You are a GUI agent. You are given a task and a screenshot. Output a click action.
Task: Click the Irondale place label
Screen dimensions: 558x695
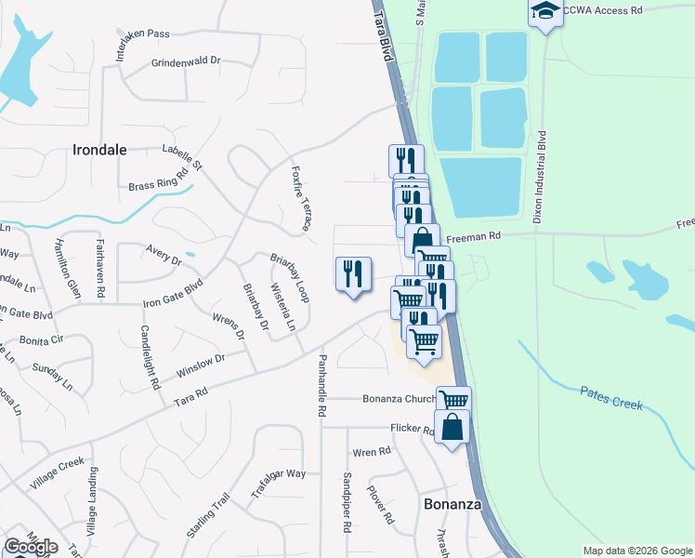pyautogui.click(x=99, y=149)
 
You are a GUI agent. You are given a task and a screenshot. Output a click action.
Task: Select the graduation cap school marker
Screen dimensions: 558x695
pyautogui.click(x=545, y=12)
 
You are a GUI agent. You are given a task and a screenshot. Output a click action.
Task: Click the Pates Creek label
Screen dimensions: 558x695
pyautogui.click(x=612, y=398)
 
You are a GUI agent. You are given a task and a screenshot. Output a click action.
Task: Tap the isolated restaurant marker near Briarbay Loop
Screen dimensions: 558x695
pyautogui.click(x=352, y=273)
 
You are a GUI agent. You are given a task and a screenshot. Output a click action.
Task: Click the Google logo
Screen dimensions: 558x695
pyautogui.click(x=31, y=546)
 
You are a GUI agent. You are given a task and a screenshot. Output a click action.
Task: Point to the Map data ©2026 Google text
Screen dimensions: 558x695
pyautogui.click(x=636, y=551)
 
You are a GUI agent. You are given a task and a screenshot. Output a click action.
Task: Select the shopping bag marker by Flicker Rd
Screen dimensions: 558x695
pyautogui.click(x=452, y=428)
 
